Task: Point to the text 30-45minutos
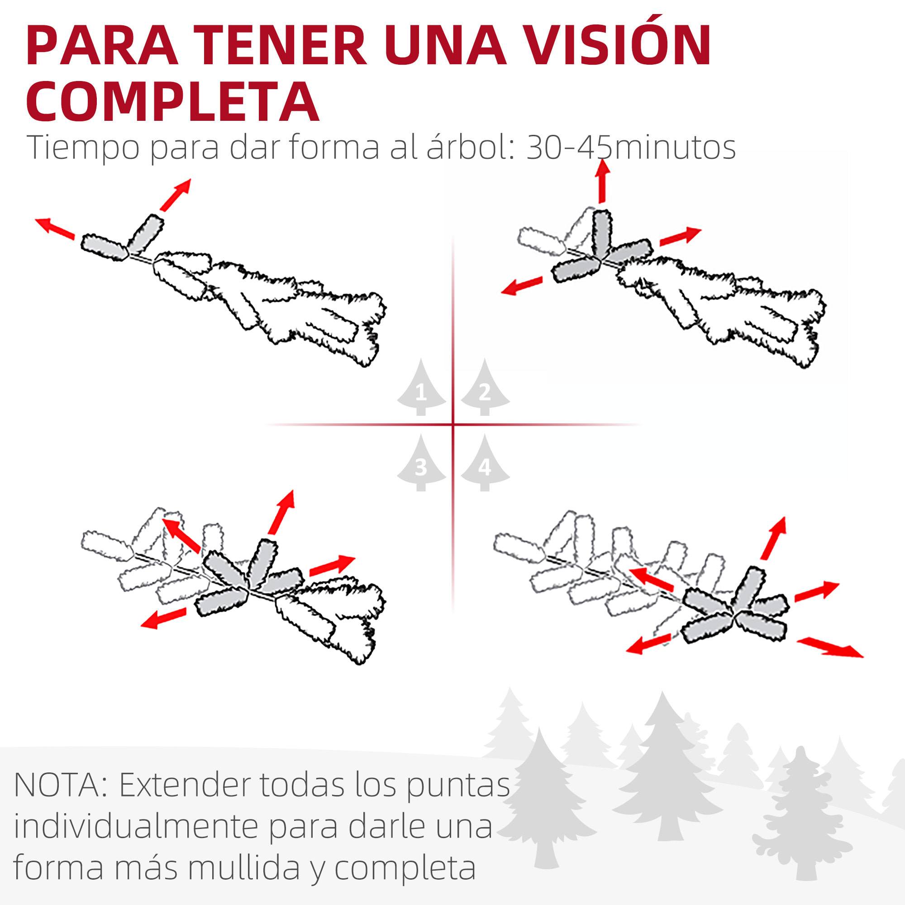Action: pyautogui.click(x=631, y=148)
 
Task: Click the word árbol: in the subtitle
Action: pyautogui.click(x=469, y=147)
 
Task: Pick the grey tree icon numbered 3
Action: pyautogui.click(x=421, y=463)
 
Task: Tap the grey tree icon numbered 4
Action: pyautogui.click(x=485, y=463)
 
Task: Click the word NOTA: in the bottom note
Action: pyautogui.click(x=63, y=785)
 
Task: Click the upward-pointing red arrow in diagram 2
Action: pyautogui.click(x=602, y=181)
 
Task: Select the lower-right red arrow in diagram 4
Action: pyautogui.click(x=829, y=648)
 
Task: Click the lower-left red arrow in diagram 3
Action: pyautogui.click(x=163, y=618)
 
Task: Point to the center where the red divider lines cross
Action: pyautogui.click(x=453, y=424)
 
